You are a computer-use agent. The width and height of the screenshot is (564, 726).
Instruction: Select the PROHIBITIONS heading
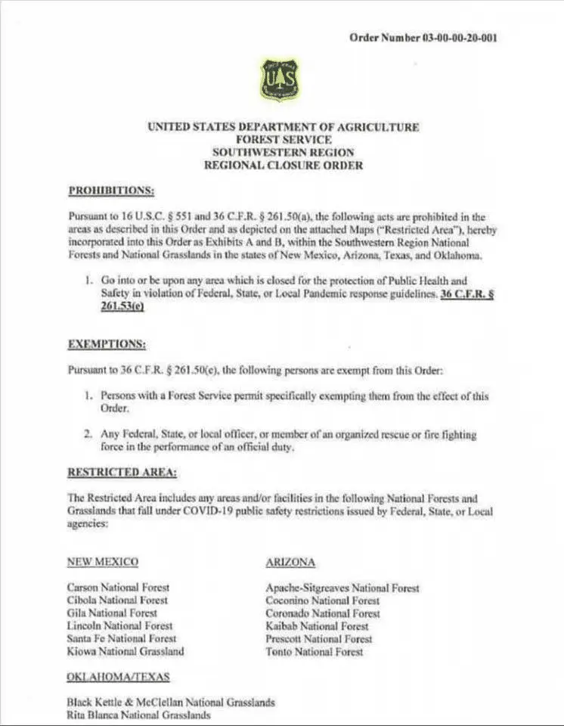[x=111, y=189]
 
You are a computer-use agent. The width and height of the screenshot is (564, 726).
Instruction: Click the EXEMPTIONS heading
[x=107, y=344]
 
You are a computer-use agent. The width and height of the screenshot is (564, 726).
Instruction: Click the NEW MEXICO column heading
[x=102, y=563]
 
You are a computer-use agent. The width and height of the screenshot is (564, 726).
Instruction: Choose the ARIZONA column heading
[x=290, y=563]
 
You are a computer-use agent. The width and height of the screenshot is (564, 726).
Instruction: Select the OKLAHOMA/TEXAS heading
[x=118, y=676]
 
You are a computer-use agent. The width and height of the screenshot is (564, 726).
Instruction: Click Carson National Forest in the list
[x=118, y=587]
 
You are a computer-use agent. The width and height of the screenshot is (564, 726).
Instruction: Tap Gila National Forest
[x=112, y=613]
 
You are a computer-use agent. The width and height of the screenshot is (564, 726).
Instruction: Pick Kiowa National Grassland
[x=125, y=651]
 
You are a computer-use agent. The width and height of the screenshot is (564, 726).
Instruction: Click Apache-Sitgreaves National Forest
[x=342, y=588]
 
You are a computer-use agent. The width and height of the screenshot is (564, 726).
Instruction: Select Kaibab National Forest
[x=317, y=626]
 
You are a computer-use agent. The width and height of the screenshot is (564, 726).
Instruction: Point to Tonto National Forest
[x=314, y=651]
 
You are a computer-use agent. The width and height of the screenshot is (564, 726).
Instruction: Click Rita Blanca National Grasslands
[x=138, y=714]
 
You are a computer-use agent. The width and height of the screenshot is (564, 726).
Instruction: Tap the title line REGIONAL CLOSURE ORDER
[x=283, y=165]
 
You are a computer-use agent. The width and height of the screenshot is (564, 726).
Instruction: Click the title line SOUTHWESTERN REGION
[x=283, y=152]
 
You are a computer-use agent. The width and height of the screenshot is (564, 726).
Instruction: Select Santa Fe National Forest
[x=121, y=639]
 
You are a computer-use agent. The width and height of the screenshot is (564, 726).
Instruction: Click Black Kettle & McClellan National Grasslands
[x=170, y=702]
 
